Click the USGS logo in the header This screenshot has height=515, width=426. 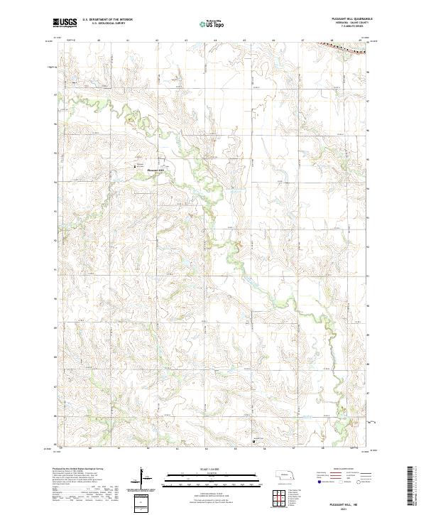tap(65, 23)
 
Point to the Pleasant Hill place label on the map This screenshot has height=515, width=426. tap(155, 170)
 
